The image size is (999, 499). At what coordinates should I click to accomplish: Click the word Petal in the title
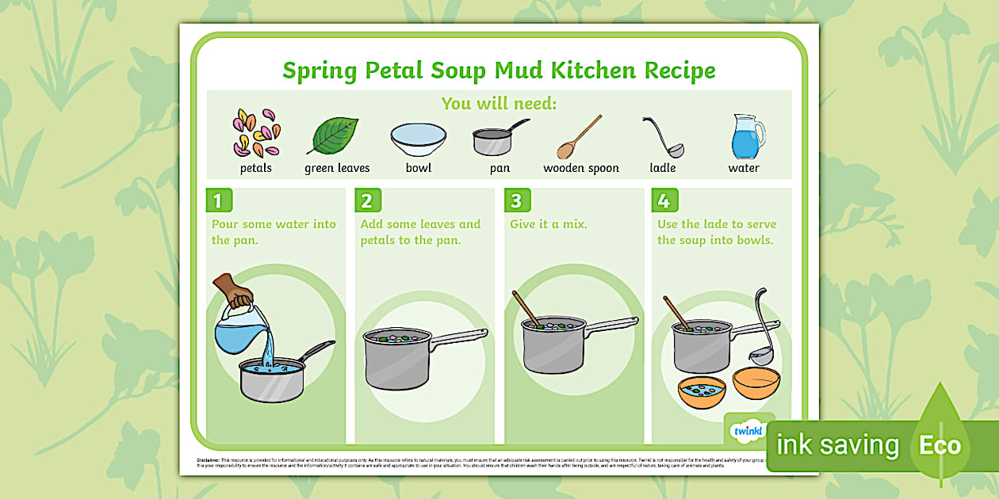pyautogui.click(x=394, y=70)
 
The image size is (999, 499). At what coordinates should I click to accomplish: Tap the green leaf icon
pyautogui.click(x=333, y=135)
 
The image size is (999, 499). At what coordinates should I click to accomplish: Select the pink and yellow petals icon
pyautogui.click(x=255, y=132)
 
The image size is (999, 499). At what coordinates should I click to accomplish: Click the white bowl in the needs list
pyautogui.click(x=418, y=139)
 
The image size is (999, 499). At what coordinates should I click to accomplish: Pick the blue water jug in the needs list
pyautogui.click(x=747, y=136)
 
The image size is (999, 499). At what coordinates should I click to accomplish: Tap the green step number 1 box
pyautogui.click(x=218, y=200)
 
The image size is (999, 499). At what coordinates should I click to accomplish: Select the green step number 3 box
pyautogui.click(x=516, y=200)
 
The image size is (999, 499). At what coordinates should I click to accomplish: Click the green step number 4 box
pyautogui.click(x=664, y=200)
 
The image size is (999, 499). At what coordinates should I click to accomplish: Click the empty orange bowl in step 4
pyautogui.click(x=756, y=383)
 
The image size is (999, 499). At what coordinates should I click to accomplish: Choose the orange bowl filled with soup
pyautogui.click(x=702, y=390)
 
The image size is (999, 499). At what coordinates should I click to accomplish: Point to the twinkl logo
pyautogui.click(x=748, y=430)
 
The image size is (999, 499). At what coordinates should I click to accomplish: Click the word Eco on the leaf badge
pyautogui.click(x=940, y=445)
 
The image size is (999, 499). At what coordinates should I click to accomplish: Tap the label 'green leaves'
pyautogui.click(x=337, y=168)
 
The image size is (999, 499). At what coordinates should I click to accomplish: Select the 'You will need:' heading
pyautogui.click(x=499, y=104)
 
